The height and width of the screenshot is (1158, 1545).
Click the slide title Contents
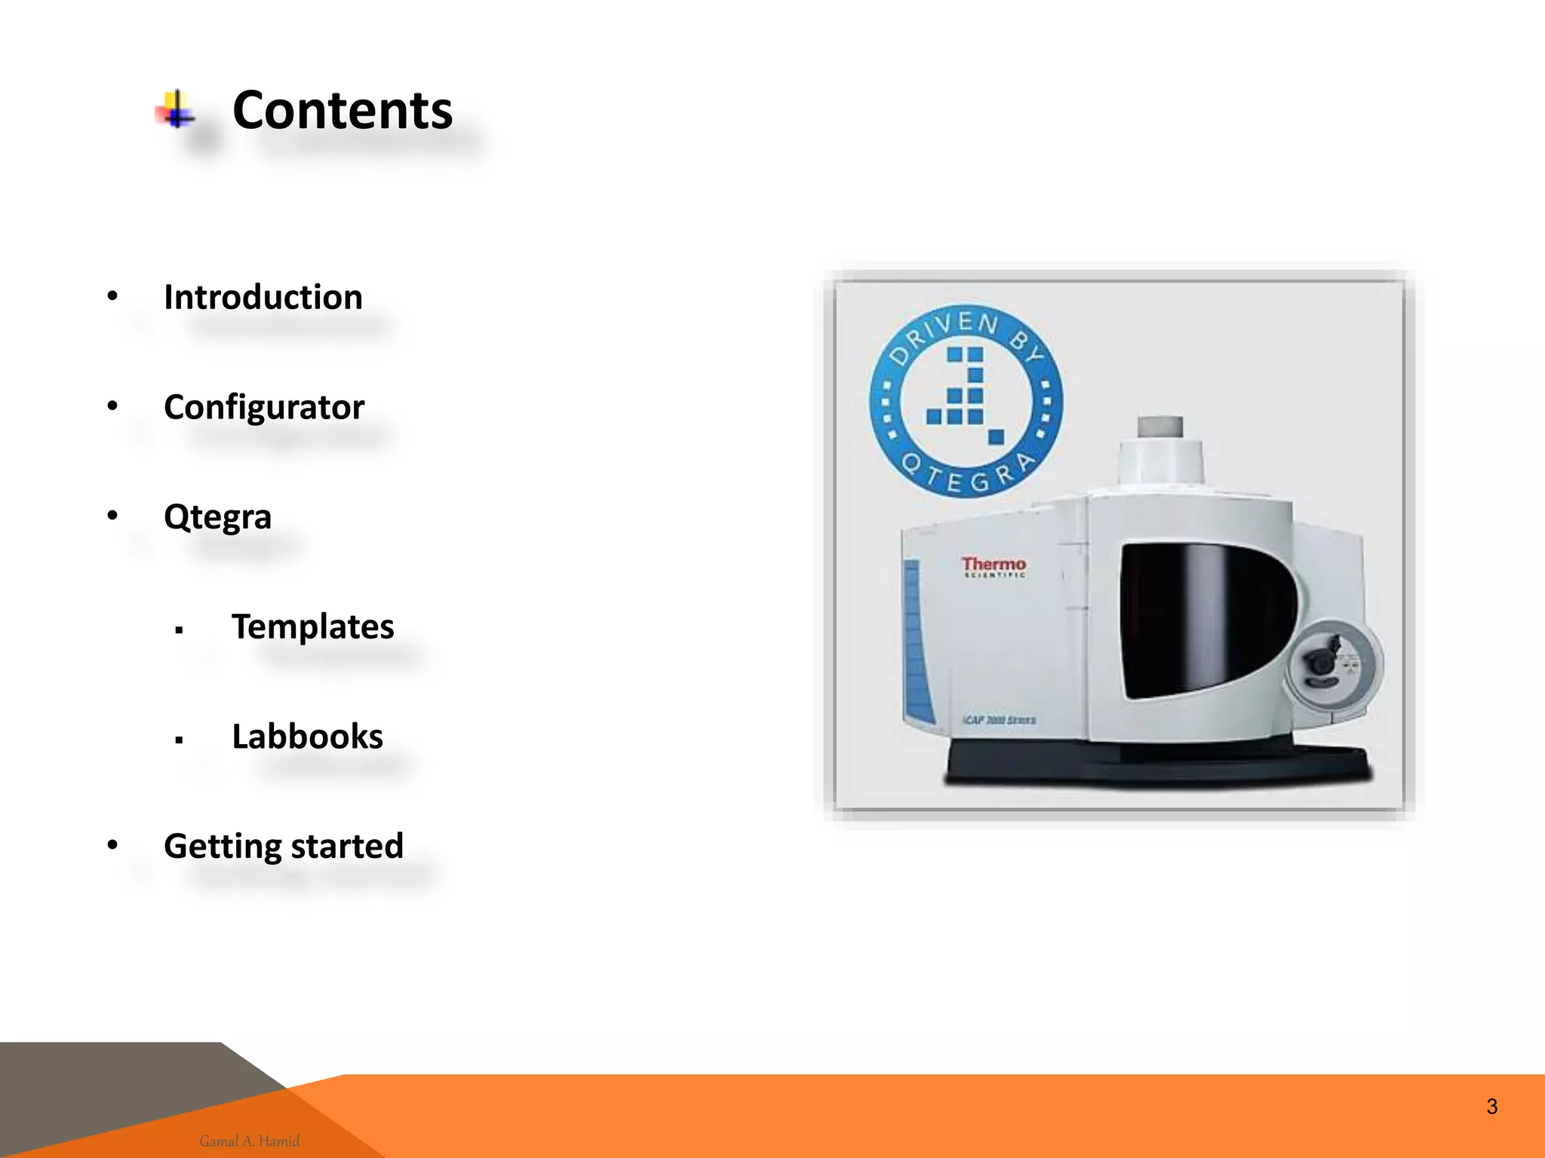pos(342,111)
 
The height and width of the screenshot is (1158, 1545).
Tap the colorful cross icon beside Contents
pos(176,110)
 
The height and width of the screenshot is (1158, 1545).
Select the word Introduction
pos(263,297)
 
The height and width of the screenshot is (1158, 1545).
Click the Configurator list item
pos(264,407)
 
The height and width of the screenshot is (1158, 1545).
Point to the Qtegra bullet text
pos(217,517)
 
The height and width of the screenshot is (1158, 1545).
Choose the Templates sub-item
pos(312,626)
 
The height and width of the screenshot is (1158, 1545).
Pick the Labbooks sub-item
pos(307,737)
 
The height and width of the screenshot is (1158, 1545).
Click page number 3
pos(1491,1107)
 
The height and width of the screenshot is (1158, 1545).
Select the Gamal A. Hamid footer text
pos(250,1141)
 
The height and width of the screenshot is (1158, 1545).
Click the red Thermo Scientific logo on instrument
pos(994,566)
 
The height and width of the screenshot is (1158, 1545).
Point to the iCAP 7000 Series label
pos(999,720)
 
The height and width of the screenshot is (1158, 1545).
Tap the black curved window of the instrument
pos(1199,618)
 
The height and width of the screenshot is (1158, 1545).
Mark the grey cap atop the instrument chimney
pos(1160,426)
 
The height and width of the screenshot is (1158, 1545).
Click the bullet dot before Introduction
pos(112,296)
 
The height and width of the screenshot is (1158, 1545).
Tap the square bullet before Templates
pos(179,630)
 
